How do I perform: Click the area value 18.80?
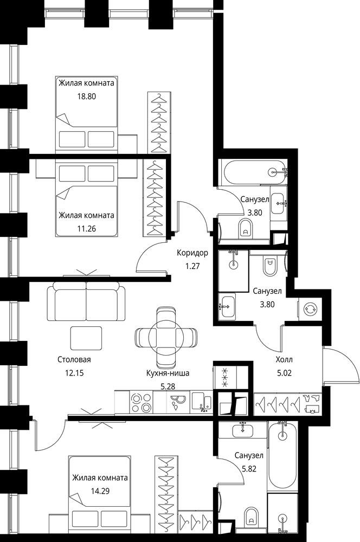click(x=86, y=96)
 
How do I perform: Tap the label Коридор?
click(x=192, y=253)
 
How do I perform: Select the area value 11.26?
click(x=86, y=229)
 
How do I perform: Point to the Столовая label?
click(x=74, y=360)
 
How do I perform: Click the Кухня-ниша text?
click(x=168, y=373)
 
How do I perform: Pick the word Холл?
click(x=284, y=360)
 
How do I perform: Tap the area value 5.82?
click(x=249, y=469)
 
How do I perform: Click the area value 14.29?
click(x=100, y=491)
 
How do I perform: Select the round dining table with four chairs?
click(x=166, y=338)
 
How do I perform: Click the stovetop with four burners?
click(x=142, y=403)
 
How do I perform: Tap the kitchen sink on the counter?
click(x=202, y=402)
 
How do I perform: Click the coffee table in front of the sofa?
click(x=86, y=338)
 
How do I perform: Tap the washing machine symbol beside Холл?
click(x=308, y=309)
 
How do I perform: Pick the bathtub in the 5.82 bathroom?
click(x=282, y=456)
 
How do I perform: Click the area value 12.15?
click(x=74, y=373)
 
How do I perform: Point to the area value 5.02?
click(x=284, y=373)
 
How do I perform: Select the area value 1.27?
click(x=192, y=267)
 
